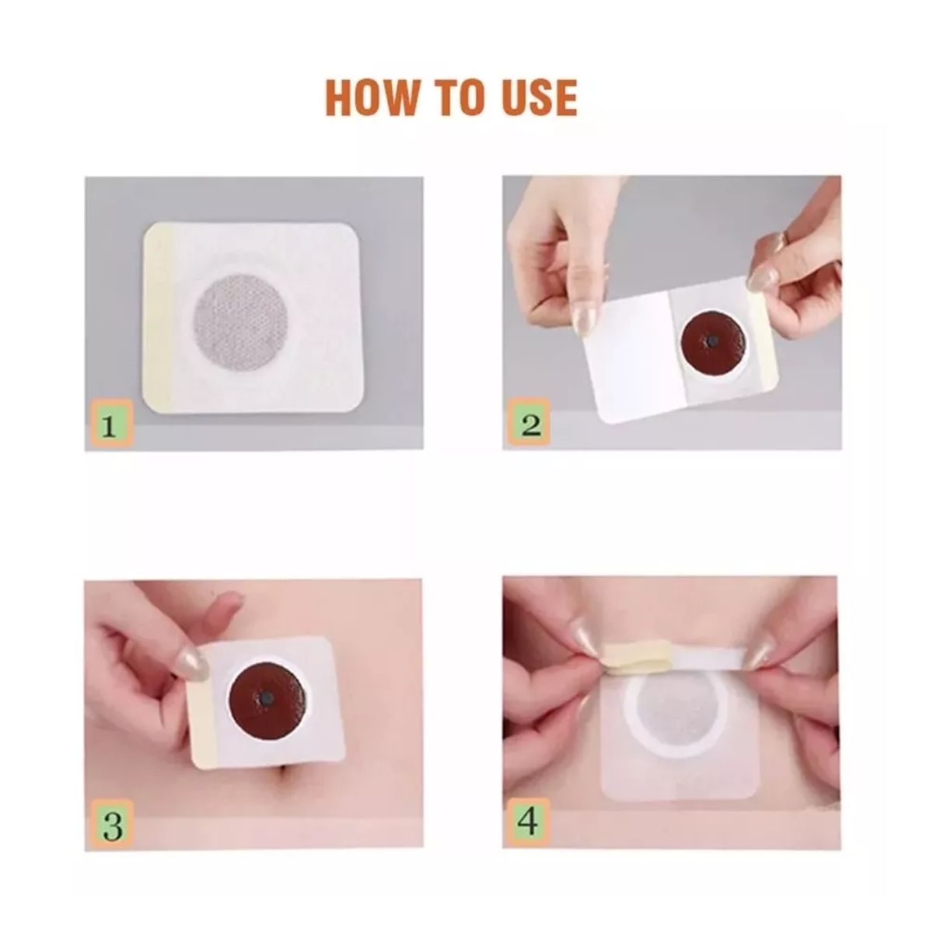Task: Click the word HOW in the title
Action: tap(372, 97)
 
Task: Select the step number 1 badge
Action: tap(110, 421)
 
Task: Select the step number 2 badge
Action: tap(529, 421)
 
